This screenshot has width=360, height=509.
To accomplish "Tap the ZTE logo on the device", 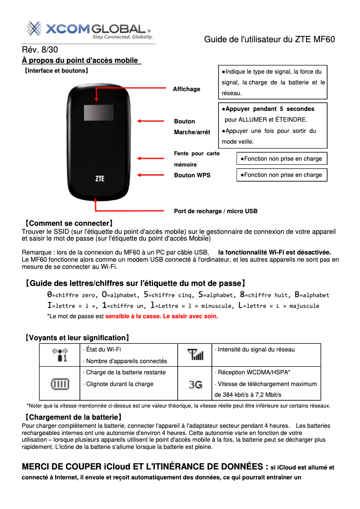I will click(x=100, y=178).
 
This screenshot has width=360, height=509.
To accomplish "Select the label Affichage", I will click(x=187, y=89).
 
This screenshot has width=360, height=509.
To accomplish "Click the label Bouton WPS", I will click(x=192, y=175).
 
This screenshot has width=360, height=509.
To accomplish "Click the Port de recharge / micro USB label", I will click(x=215, y=211).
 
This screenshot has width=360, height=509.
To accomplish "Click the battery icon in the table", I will click(x=60, y=384).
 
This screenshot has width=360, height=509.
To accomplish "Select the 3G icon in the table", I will click(x=195, y=384).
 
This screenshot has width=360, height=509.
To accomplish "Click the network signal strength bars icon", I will click(x=195, y=355).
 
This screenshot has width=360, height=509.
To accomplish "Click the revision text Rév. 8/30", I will click(x=40, y=50).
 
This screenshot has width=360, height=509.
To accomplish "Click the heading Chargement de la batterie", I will click(x=72, y=417).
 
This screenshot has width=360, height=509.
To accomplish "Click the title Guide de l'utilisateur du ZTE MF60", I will click(x=269, y=39).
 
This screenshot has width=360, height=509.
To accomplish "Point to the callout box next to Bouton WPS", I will click(x=282, y=175).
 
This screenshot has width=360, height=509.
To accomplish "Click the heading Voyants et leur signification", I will click(x=77, y=338).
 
